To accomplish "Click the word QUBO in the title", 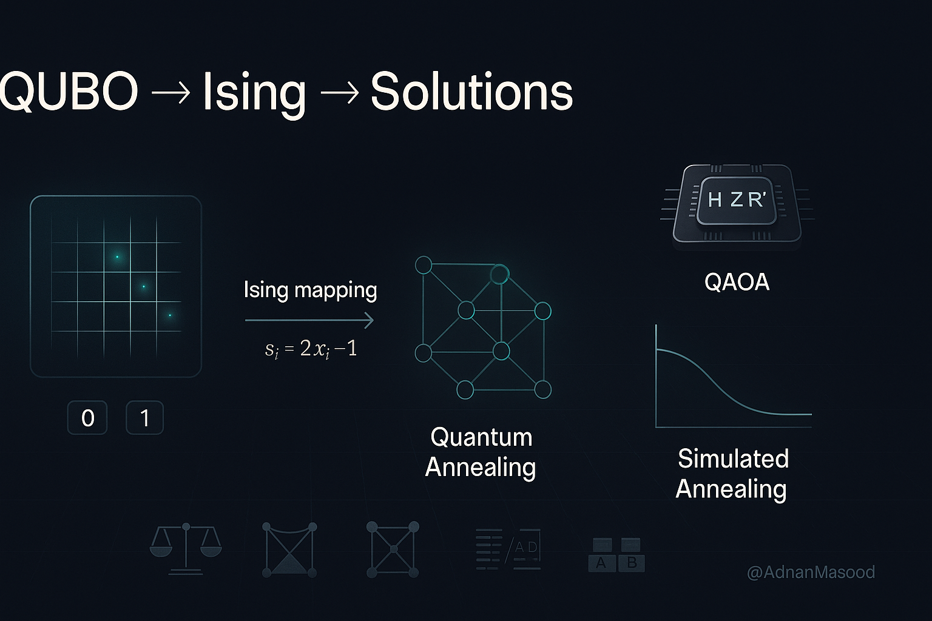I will click(68, 92).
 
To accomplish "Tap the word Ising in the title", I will click(254, 93).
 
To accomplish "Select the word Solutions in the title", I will click(471, 92).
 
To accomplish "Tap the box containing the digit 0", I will click(87, 418).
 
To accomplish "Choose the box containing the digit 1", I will click(144, 418).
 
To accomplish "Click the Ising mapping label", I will click(310, 290).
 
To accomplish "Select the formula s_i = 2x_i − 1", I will click(311, 349).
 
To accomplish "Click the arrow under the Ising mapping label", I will click(309, 320).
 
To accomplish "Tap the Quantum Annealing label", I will click(480, 452).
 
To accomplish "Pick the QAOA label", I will click(737, 282).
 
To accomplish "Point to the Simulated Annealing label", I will click(732, 474).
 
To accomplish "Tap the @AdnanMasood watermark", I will click(811, 572).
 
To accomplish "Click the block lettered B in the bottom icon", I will click(632, 563).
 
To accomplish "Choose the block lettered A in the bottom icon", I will click(601, 563).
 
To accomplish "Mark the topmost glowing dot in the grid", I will click(117, 257).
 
